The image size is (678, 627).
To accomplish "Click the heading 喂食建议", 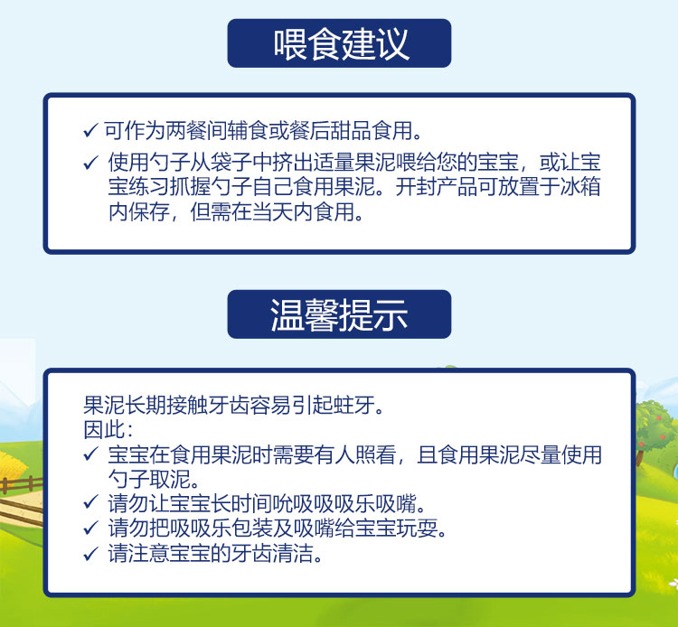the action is tap(341, 44).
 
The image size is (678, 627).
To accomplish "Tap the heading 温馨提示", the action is tap(339, 314).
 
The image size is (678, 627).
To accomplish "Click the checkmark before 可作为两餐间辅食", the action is tap(90, 130).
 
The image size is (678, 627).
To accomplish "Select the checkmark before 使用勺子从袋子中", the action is tap(90, 163).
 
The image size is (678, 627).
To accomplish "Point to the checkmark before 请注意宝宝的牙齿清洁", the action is tap(90, 554).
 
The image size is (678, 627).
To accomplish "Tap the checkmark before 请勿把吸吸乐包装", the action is tap(90, 528).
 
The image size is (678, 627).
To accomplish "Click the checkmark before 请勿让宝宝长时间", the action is tap(90, 502).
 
